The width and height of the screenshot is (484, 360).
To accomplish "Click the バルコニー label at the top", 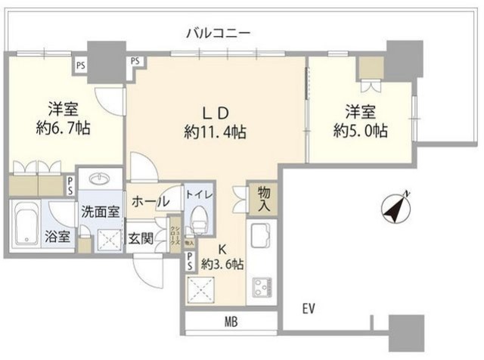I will (x=218, y=33).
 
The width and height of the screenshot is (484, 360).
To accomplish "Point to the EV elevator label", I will (x=308, y=309).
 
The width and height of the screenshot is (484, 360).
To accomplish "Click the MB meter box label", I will (x=231, y=322).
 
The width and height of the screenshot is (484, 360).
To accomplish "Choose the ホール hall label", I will (x=150, y=203).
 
